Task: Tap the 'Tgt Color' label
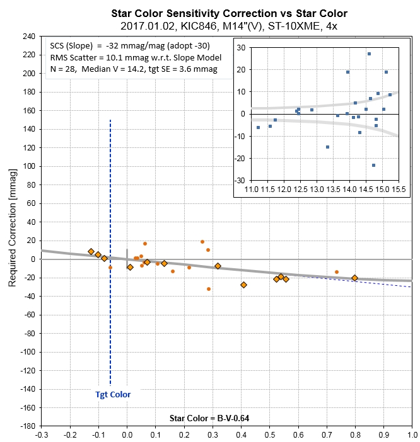point(113,395)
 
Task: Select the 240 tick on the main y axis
point(28,37)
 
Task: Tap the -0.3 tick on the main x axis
point(42,434)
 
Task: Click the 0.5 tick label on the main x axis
point(270,434)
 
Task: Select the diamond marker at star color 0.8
point(354,278)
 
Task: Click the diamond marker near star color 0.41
point(243,285)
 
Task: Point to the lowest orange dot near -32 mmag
point(209,289)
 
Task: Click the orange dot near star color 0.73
point(337,272)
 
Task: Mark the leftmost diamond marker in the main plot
point(91,251)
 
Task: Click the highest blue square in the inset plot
point(370,54)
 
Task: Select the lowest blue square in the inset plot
point(373,165)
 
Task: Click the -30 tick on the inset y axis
point(241,181)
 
